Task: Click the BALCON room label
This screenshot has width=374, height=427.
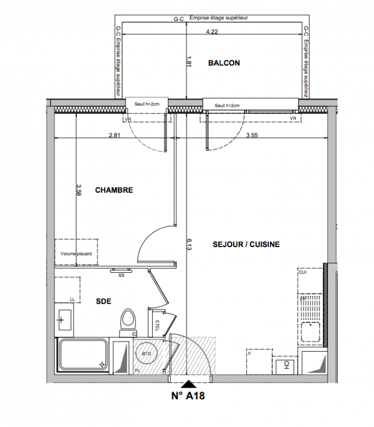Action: click(x=224, y=63)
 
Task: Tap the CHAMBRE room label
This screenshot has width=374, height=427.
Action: click(x=114, y=190)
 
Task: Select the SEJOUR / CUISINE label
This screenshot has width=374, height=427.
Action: click(x=246, y=244)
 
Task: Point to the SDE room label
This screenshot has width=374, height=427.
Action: click(x=104, y=301)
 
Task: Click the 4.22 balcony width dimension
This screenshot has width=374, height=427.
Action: click(x=212, y=31)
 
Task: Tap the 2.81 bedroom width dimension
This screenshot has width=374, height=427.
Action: click(x=115, y=135)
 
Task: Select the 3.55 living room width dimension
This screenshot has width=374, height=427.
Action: click(x=252, y=135)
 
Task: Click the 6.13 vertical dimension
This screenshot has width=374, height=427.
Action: click(x=189, y=244)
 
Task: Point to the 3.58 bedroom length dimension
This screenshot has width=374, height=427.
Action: click(x=79, y=190)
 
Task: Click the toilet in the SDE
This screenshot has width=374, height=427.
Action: click(x=129, y=323)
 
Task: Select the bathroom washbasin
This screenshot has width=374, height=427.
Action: click(x=64, y=319)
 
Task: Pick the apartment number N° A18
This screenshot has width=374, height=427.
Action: click(x=188, y=396)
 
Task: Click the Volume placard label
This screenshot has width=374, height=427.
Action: click(x=76, y=254)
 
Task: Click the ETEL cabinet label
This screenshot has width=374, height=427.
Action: click(x=157, y=326)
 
